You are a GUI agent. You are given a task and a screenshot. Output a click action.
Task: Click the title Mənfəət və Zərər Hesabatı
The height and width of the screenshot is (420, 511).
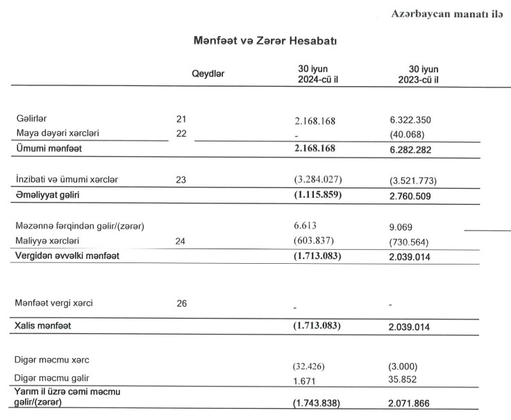tap(265, 42)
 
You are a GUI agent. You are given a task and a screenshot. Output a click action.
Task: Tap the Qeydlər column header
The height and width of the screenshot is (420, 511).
tap(208, 73)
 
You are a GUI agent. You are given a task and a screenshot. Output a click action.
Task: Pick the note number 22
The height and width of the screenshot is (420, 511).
tap(182, 133)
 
